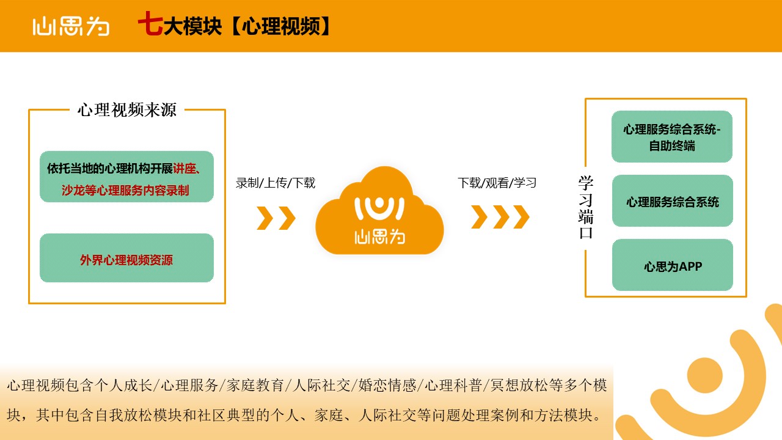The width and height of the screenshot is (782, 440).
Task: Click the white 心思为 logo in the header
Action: (71, 26)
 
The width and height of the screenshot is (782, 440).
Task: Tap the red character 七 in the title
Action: (150, 23)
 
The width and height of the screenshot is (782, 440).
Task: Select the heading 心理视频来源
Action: (127, 109)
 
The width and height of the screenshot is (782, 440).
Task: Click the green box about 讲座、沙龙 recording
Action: (126, 177)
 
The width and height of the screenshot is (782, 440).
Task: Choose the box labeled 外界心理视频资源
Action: (126, 258)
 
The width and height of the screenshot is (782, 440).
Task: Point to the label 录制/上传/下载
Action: (276, 183)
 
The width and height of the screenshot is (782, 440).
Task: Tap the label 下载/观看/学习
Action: (497, 183)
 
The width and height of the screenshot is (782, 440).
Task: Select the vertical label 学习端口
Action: (586, 207)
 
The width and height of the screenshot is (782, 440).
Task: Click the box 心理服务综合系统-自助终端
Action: (672, 136)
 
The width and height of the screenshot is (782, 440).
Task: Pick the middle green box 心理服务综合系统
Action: (673, 201)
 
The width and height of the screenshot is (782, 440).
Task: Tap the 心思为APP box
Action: (673, 265)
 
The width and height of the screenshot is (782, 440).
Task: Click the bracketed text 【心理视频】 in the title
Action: (280, 26)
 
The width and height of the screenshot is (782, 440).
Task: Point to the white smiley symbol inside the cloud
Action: (379, 208)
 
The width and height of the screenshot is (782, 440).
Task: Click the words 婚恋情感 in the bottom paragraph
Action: (387, 386)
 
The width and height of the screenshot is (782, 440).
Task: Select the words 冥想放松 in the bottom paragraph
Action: (519, 386)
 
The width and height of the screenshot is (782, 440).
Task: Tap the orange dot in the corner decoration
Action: (704, 375)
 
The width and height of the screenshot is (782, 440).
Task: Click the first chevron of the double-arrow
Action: (265, 218)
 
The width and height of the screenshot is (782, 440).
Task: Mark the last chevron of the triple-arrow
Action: (521, 217)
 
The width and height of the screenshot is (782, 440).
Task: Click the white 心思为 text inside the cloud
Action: (379, 237)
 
